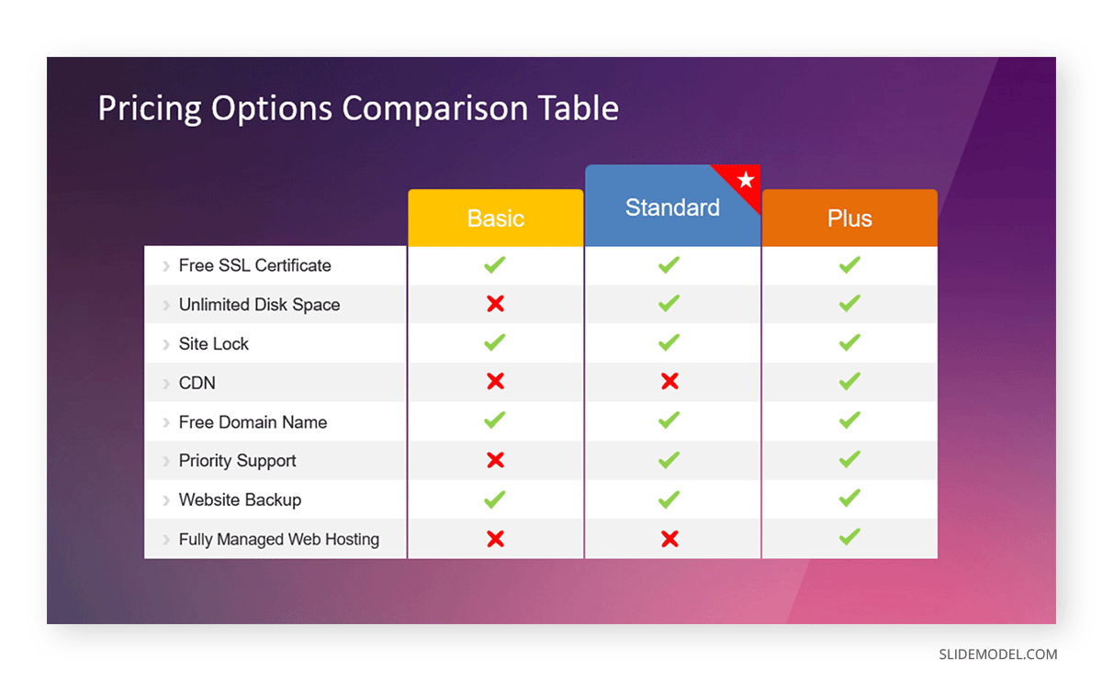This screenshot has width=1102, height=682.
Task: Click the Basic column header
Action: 495,218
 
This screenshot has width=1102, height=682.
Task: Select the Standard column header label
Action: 672,207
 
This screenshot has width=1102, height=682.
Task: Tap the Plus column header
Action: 849,218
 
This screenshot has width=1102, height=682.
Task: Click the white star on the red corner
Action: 745,180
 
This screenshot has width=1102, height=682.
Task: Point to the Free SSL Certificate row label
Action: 254,265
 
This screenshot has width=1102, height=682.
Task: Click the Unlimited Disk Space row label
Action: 259,305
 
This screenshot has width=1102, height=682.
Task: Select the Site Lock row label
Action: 214,344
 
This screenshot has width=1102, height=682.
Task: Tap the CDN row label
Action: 197,383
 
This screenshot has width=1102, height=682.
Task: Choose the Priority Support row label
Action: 238,461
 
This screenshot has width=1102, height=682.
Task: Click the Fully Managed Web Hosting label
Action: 278,539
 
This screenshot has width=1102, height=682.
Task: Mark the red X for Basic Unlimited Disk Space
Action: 495,304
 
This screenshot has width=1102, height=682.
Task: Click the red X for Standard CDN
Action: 669,382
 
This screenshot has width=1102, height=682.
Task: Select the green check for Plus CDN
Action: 849,381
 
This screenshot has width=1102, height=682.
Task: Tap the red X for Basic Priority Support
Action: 495,460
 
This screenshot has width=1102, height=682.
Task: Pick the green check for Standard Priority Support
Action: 669,459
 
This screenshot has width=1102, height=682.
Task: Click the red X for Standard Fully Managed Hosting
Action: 669,539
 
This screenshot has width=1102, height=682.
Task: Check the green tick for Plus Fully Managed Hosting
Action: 849,537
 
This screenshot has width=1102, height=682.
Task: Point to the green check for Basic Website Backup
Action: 495,499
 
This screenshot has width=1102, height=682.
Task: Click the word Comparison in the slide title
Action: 434,108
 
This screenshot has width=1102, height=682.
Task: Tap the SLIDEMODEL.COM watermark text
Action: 997,654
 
